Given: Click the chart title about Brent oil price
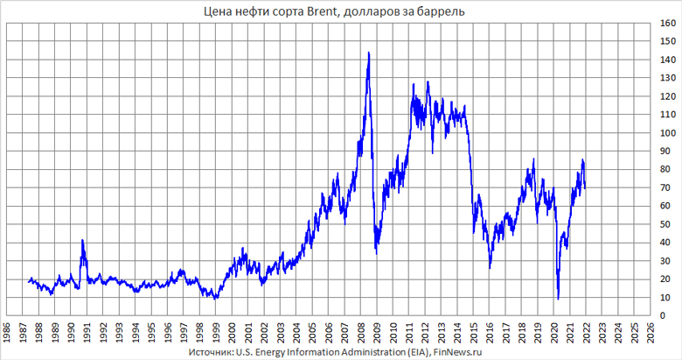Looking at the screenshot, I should coord(340,11).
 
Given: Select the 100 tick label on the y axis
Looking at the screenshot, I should coord(669,133).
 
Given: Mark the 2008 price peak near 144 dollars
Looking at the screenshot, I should coord(368,53).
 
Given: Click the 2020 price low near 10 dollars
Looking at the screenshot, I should coord(558,299).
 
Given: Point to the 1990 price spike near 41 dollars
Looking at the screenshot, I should coord(82,240).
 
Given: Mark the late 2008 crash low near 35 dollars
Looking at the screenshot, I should coord(376,252).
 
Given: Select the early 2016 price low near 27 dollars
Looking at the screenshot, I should coord(490,266).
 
